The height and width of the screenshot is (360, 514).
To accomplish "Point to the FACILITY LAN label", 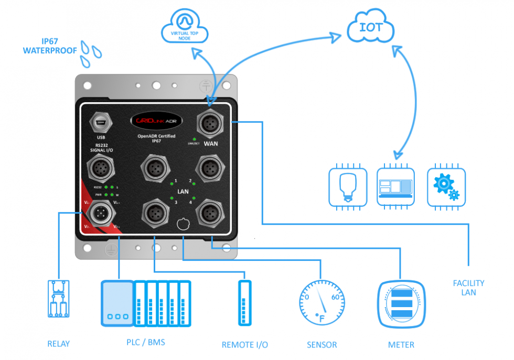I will [468, 288].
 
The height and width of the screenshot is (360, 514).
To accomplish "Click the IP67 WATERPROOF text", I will [50, 46].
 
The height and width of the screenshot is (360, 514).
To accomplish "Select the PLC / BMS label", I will [146, 343].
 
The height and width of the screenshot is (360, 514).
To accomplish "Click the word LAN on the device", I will [183, 192].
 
